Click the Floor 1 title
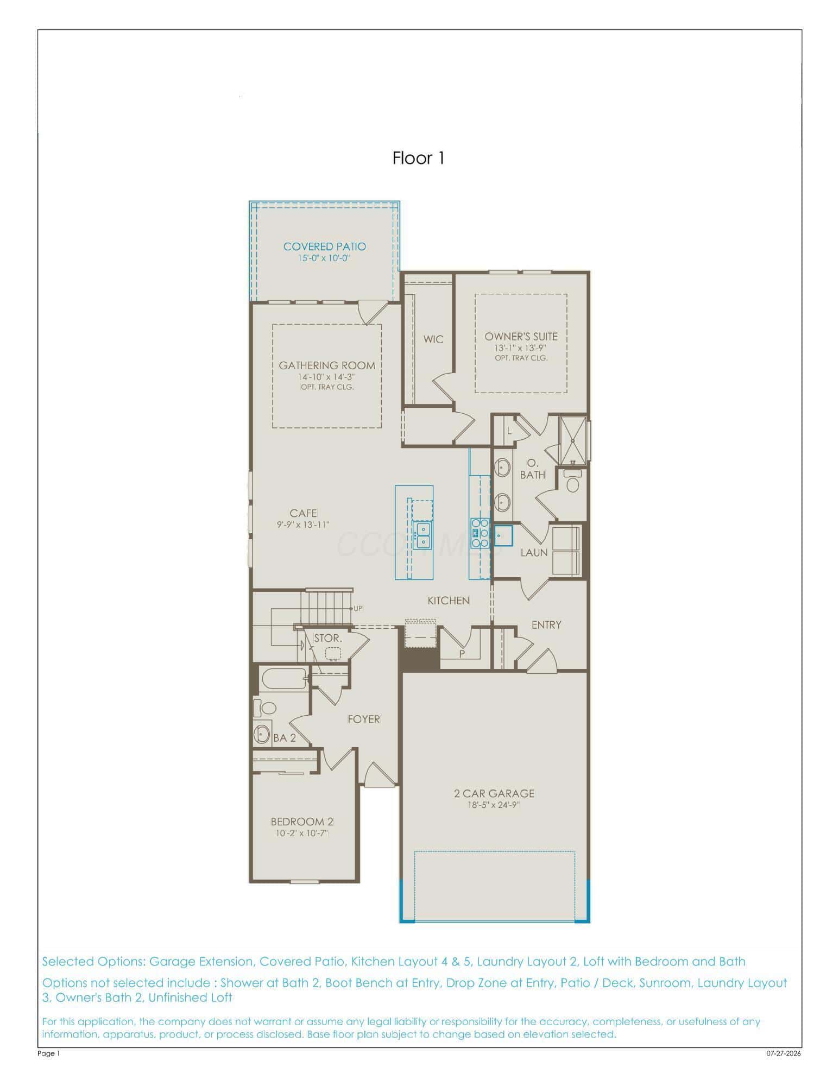[x=419, y=158]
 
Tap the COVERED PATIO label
[x=325, y=247]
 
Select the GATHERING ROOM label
[x=327, y=365]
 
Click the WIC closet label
[x=433, y=339]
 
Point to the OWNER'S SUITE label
[x=521, y=337]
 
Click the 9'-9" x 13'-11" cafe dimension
[x=303, y=525]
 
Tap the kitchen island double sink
[x=422, y=535]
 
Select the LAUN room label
[x=534, y=552]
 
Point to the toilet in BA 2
[x=266, y=708]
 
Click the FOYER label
[x=364, y=719]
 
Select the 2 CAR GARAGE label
[x=494, y=793]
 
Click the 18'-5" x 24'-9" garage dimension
[x=494, y=805]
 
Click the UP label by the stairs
[x=358, y=609]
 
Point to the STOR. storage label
[x=329, y=638]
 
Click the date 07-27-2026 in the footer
[x=784, y=1054]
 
